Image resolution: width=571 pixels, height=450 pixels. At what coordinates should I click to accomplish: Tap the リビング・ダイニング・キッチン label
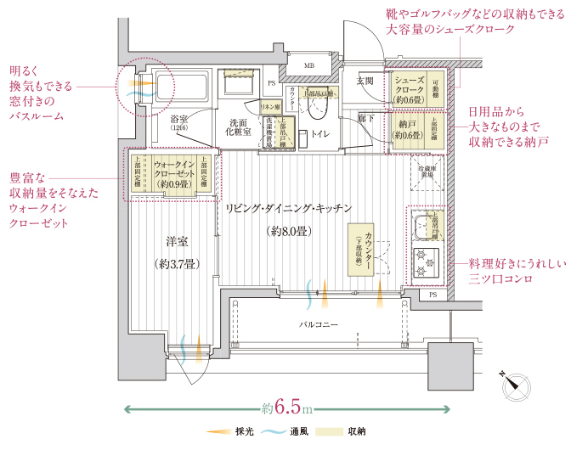click(288, 209)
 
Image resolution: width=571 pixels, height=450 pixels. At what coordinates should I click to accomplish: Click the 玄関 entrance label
click(365, 81)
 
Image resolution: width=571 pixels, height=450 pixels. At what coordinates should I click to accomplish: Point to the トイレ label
click(321, 134)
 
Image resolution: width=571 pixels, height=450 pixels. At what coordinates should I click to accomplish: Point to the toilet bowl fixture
click(319, 109)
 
